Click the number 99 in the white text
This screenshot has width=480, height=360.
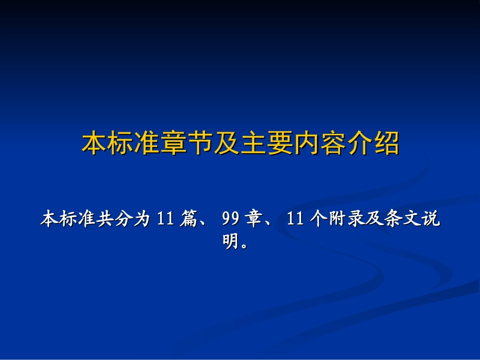[230, 220]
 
